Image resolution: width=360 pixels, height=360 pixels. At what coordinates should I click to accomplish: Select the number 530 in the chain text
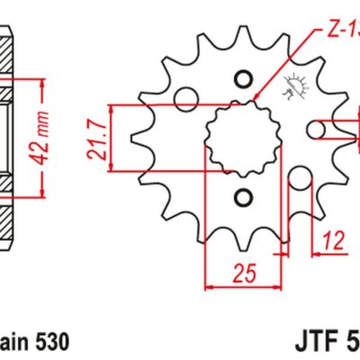point(45,343)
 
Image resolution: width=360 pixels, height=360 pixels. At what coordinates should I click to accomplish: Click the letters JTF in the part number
point(317,343)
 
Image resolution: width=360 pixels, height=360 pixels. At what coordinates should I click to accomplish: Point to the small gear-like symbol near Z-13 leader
point(293,88)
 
